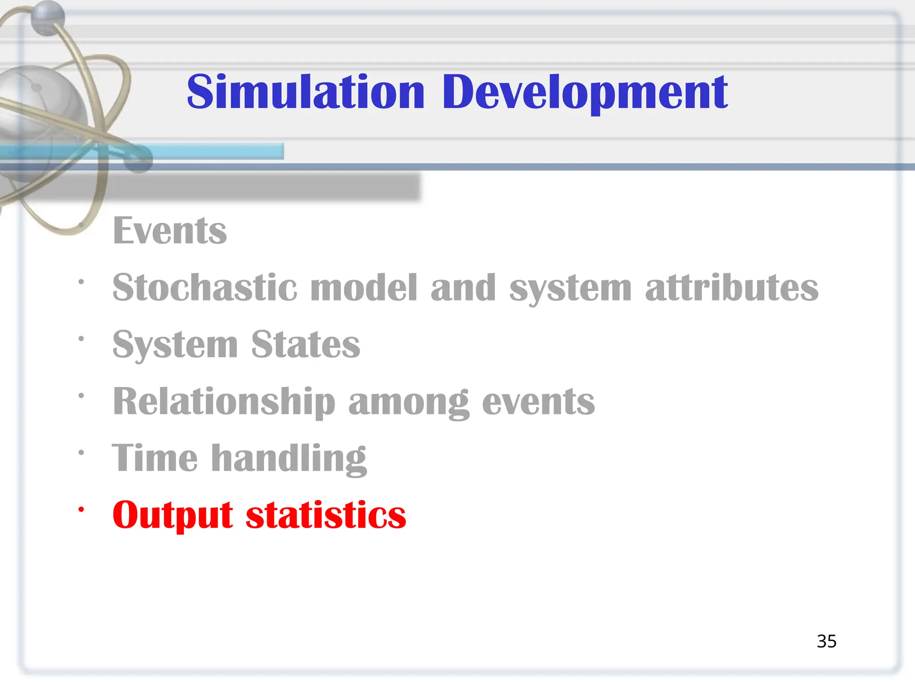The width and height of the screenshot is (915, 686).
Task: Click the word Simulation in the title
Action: [x=306, y=92]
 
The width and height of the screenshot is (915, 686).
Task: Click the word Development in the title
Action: [x=585, y=92]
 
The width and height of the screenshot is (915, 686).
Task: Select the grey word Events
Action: [x=170, y=231]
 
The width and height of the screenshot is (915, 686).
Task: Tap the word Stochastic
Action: [x=205, y=288]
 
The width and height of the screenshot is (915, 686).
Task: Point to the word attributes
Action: [x=731, y=288]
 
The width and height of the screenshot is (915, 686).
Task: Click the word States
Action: [x=305, y=344]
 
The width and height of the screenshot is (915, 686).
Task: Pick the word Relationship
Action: [x=224, y=402]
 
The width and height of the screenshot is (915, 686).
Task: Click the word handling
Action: [x=289, y=458]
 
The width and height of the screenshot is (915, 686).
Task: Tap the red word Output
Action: [x=172, y=515]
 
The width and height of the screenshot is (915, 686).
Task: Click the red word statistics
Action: [x=326, y=515]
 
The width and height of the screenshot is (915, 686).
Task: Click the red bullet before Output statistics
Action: [x=81, y=510]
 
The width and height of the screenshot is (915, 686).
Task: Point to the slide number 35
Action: [x=826, y=641]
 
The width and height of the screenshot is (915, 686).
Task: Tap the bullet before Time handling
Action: [x=81, y=452]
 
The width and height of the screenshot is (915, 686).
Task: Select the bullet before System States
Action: [x=81, y=339]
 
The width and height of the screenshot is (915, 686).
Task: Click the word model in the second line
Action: [x=364, y=288]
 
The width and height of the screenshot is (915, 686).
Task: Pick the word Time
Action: [x=155, y=458]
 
